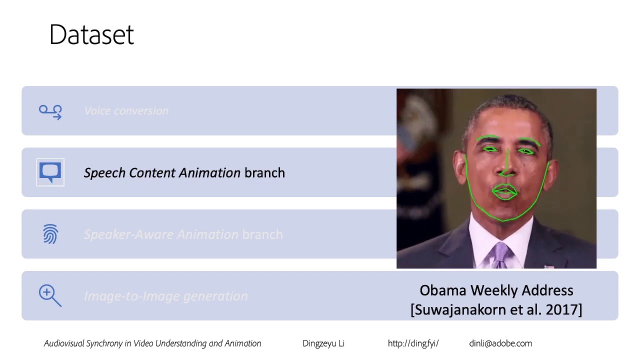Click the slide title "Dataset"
point(91,35)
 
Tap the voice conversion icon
point(50,111)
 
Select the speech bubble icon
point(50,172)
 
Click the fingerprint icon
point(50,234)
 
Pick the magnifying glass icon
point(50,295)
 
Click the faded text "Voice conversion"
point(126,111)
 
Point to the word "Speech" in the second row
point(104,173)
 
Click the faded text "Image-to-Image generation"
point(166,296)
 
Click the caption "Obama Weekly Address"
point(496,290)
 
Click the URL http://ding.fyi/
point(413,343)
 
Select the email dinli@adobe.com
point(500,343)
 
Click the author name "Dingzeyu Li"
point(323,343)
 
